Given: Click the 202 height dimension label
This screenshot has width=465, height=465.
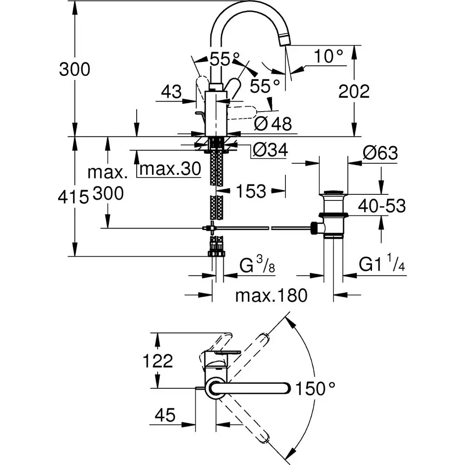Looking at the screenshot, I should (354, 91).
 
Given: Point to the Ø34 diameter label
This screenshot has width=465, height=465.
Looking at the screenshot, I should (269, 150).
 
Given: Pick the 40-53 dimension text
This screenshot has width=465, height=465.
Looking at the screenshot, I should (381, 206).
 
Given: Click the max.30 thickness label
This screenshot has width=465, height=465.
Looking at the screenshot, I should (170, 169).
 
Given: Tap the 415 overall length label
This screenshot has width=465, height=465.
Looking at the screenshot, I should (73, 197).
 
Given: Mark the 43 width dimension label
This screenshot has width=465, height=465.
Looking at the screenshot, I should (171, 92).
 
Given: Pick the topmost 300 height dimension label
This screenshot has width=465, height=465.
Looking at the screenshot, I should (74, 70).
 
